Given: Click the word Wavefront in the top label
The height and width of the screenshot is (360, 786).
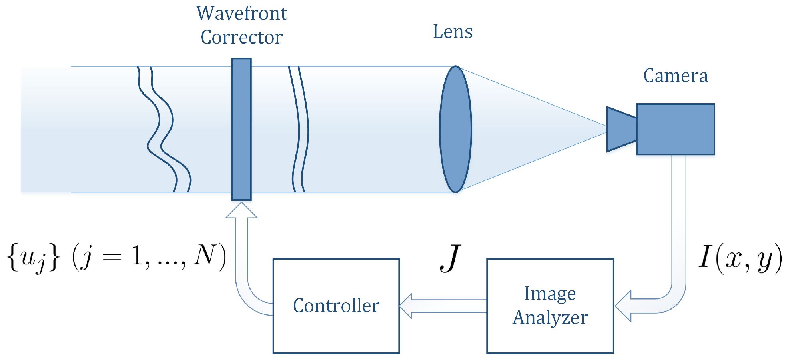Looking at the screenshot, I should (x=241, y=14).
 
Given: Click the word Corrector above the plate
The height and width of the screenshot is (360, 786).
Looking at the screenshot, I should (x=241, y=37).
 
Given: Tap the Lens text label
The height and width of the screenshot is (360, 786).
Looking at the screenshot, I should (x=453, y=32).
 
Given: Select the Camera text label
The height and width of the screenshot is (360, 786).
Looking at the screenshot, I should (x=676, y=76).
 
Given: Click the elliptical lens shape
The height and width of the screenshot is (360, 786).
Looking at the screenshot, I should (x=455, y=129).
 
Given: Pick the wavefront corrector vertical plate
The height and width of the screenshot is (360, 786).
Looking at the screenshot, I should (x=241, y=129).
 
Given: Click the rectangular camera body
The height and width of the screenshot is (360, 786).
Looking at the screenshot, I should (x=675, y=129).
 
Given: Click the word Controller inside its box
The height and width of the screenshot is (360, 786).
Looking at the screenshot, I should (x=336, y=306).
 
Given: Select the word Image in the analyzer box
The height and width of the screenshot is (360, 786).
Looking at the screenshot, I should (x=550, y=294).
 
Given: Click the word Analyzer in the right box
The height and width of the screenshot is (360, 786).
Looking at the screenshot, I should (x=550, y=318).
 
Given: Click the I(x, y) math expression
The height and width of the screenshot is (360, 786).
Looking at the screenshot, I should (x=740, y=258).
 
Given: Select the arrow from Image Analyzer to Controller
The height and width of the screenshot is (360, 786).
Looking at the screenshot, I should (x=442, y=306).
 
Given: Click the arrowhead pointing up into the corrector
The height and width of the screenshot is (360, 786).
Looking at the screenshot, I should (x=241, y=210).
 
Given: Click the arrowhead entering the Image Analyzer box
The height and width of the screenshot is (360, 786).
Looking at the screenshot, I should (x=624, y=306).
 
